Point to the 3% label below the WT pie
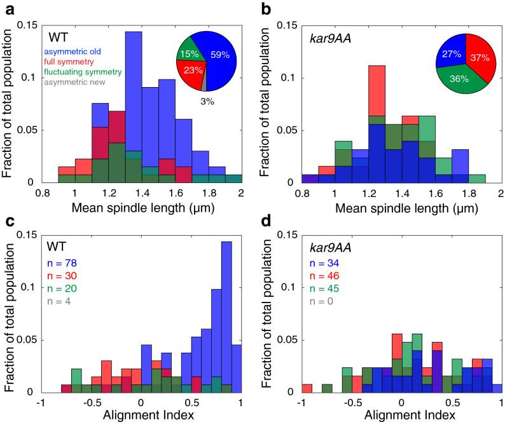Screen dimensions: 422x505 (x=200, y=98)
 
